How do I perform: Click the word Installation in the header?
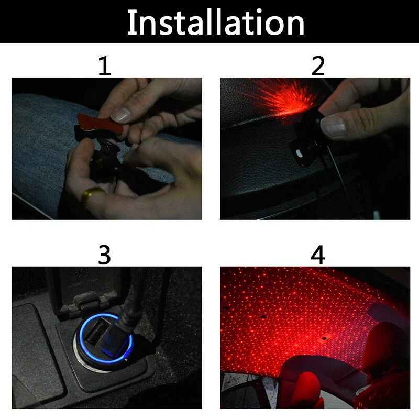pos(216,22)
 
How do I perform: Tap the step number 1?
pos(104,66)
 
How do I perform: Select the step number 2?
pos(318,66)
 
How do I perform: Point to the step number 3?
pos(104,255)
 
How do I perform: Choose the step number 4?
pos(317,255)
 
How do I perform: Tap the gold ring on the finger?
pos(91,195)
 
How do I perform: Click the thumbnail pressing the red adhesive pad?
pos(121,114)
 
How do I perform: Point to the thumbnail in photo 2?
pos(333,127)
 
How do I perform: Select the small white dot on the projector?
pos(298,153)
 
